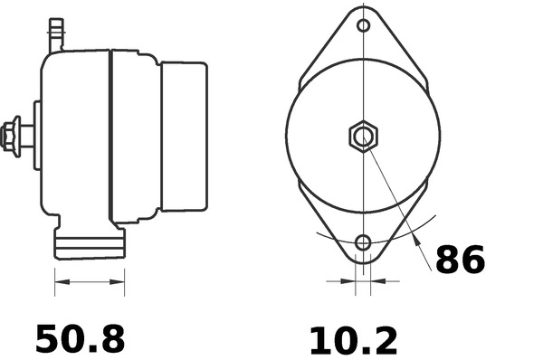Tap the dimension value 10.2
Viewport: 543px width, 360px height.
(x=353, y=340)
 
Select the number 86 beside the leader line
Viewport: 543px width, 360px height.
(x=461, y=260)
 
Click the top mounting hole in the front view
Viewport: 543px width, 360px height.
(x=363, y=25)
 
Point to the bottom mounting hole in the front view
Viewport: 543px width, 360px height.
(x=363, y=242)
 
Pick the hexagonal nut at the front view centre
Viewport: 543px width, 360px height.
(x=363, y=137)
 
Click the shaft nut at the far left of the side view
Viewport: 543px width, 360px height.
(x=12, y=135)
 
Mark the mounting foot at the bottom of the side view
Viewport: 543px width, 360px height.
(x=90, y=243)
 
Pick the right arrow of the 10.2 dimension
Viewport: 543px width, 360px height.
(x=379, y=282)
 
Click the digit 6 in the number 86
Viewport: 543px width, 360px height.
(x=473, y=260)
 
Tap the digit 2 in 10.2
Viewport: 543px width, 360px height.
(x=384, y=340)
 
